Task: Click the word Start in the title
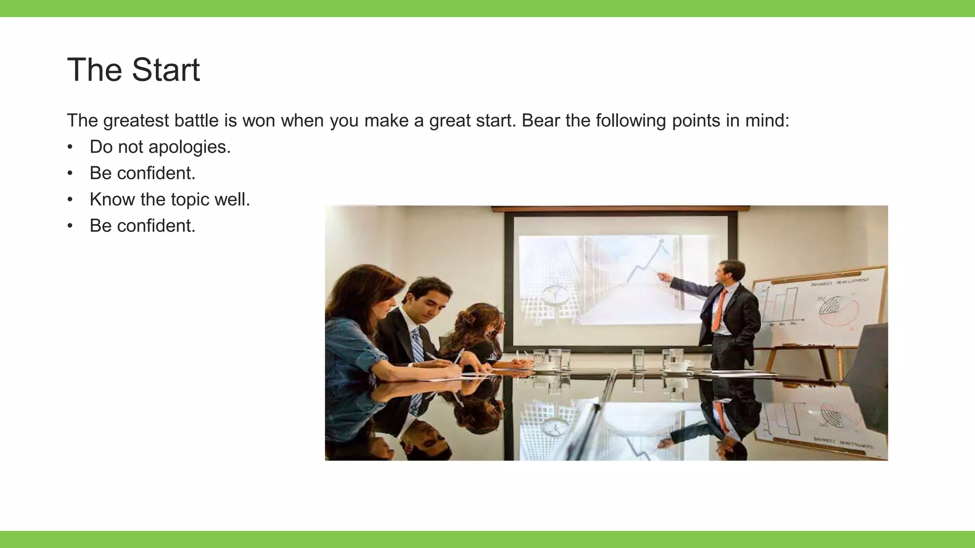(x=166, y=70)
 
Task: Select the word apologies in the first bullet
(x=189, y=147)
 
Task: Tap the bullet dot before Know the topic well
(x=70, y=199)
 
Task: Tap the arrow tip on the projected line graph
(x=661, y=242)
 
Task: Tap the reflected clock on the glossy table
(x=555, y=427)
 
